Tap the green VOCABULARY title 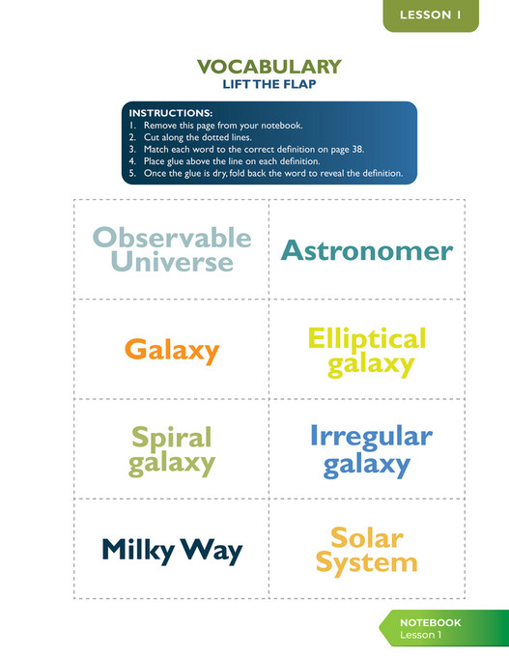pyautogui.click(x=269, y=67)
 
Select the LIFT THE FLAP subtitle pyautogui.click(x=269, y=84)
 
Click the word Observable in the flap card pyautogui.click(x=171, y=238)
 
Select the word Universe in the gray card pyautogui.click(x=171, y=261)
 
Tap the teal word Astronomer pyautogui.click(x=366, y=250)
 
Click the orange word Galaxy pyautogui.click(x=172, y=350)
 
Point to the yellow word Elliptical pyautogui.click(x=366, y=339)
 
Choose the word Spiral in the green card pyautogui.click(x=171, y=438)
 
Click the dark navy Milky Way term pyautogui.click(x=172, y=551)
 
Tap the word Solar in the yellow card pyautogui.click(x=366, y=537)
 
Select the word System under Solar pyautogui.click(x=366, y=562)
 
